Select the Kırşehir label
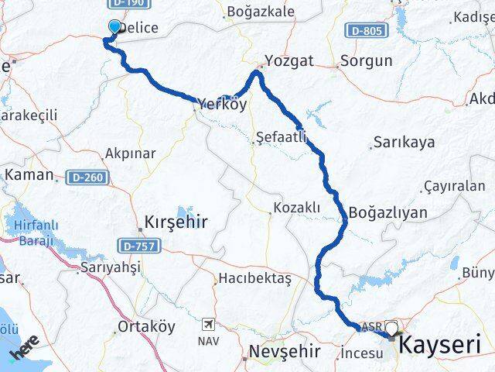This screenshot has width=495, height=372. coord(176,223)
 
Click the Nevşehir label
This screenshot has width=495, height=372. coord(285,352)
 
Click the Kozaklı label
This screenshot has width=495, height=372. coord(296,208)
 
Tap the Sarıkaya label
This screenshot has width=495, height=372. coord(404,143)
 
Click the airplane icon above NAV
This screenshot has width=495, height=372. coord(208,324)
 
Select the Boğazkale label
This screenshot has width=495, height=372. coord(259,12)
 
